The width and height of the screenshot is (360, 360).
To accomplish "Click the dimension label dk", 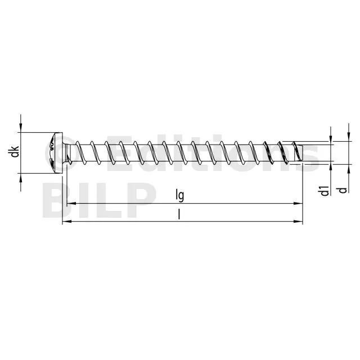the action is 15,151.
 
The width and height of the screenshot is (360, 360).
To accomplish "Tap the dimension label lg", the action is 180,195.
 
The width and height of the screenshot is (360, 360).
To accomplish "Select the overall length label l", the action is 179,215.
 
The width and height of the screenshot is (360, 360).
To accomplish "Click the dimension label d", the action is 343,190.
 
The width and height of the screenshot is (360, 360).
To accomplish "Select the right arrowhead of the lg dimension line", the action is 298,204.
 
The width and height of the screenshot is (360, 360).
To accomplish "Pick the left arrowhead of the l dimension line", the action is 67,221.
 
